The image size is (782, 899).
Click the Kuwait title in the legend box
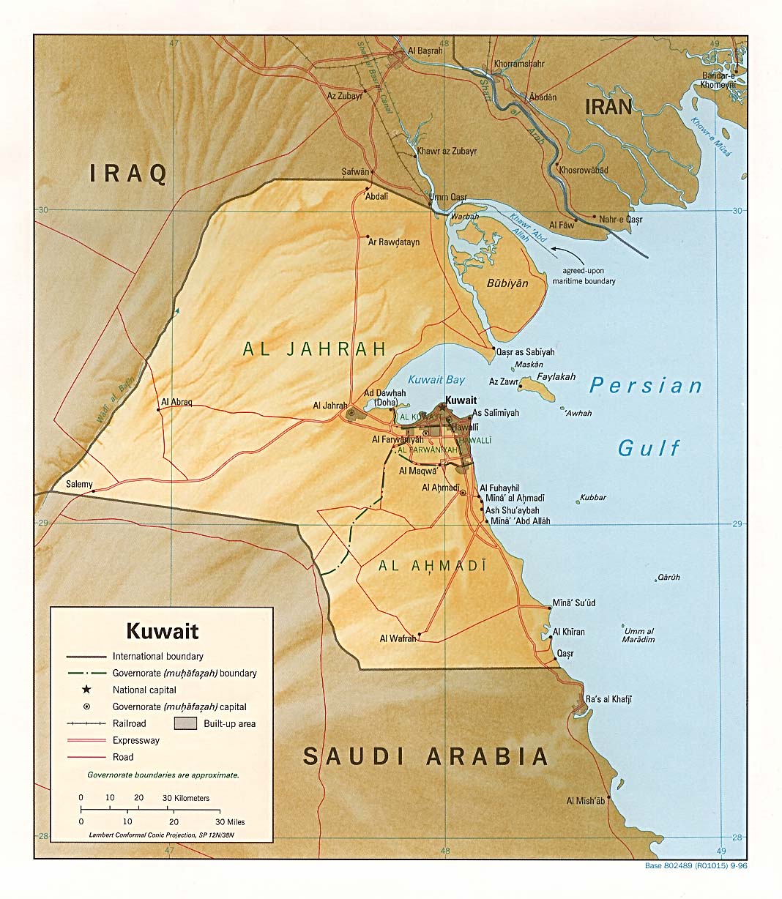coord(163,631)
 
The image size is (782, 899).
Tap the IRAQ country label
coord(128,174)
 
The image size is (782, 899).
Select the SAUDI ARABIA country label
coord(425,756)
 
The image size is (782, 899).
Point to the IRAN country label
coord(608,107)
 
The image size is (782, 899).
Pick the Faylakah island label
coord(556,377)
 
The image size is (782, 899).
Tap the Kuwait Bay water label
coord(436,379)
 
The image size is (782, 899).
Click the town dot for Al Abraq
coord(158,410)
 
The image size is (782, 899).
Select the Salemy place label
coord(79,484)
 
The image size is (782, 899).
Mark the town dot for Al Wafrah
coord(419,634)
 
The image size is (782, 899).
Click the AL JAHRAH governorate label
coord(314,349)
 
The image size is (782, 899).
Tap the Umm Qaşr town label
coord(447,198)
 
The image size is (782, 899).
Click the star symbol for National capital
coord(86,690)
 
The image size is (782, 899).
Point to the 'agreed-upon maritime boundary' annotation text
coord(584,276)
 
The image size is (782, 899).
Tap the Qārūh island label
coord(669,577)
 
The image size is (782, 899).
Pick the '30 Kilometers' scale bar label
coord(185,798)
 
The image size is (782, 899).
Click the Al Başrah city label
coord(425,51)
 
